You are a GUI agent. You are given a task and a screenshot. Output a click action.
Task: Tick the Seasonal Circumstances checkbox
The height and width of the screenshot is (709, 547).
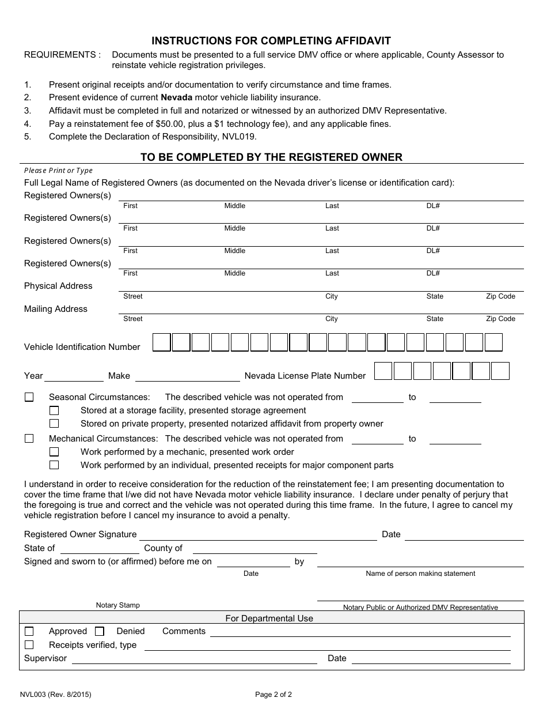click(29, 397)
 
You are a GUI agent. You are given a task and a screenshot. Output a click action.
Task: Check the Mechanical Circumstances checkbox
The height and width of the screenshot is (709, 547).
click(29, 439)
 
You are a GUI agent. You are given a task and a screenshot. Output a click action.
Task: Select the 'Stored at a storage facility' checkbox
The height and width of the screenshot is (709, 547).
click(54, 410)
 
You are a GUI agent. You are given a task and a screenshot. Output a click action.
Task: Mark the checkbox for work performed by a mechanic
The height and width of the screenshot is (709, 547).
click(54, 452)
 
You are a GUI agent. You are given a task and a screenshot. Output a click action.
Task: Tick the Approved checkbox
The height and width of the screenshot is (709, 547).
click(29, 631)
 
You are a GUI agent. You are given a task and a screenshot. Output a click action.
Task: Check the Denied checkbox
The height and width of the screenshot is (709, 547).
click(100, 631)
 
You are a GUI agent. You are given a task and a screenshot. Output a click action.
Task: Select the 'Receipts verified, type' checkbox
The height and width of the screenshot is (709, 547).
click(29, 645)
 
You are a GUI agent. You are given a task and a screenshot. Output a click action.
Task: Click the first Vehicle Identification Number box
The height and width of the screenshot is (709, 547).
click(161, 342)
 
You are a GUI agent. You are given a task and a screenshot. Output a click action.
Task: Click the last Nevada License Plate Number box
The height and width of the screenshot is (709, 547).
click(500, 371)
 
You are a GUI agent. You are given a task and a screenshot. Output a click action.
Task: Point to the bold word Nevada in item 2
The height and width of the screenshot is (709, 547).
click(176, 97)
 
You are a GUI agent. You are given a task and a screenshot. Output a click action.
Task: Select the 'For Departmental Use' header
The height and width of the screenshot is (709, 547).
click(269, 619)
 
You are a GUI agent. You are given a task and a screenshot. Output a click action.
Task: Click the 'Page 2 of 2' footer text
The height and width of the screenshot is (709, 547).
click(273, 695)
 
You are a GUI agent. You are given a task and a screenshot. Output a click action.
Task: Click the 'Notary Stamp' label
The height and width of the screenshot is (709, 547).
click(117, 605)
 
